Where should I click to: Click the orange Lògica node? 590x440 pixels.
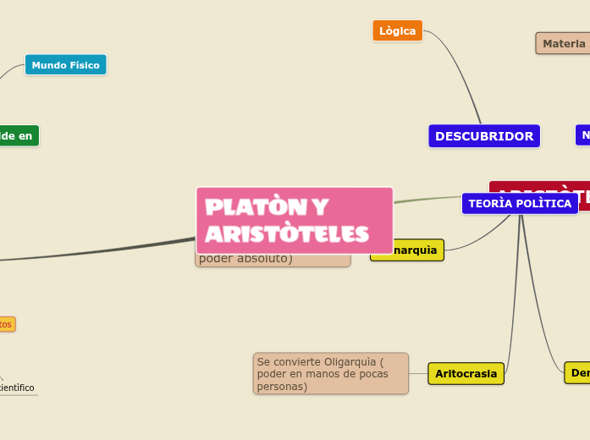397,30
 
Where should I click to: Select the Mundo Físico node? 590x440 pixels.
65,65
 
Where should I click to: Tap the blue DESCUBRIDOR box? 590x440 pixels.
483,135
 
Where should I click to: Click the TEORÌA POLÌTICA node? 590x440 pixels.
519,203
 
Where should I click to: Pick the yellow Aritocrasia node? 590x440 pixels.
466,373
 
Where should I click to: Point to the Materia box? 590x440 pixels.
563,43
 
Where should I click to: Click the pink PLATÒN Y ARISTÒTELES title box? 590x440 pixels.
294,219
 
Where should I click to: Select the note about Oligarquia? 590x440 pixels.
330,373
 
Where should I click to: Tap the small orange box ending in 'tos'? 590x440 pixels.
6,324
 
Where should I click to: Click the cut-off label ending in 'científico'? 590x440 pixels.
17,388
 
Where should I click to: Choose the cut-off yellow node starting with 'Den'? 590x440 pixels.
578,372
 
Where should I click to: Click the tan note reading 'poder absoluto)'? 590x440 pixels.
254,260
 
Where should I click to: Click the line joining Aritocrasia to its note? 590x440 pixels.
418,373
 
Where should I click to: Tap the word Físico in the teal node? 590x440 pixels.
84,65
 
